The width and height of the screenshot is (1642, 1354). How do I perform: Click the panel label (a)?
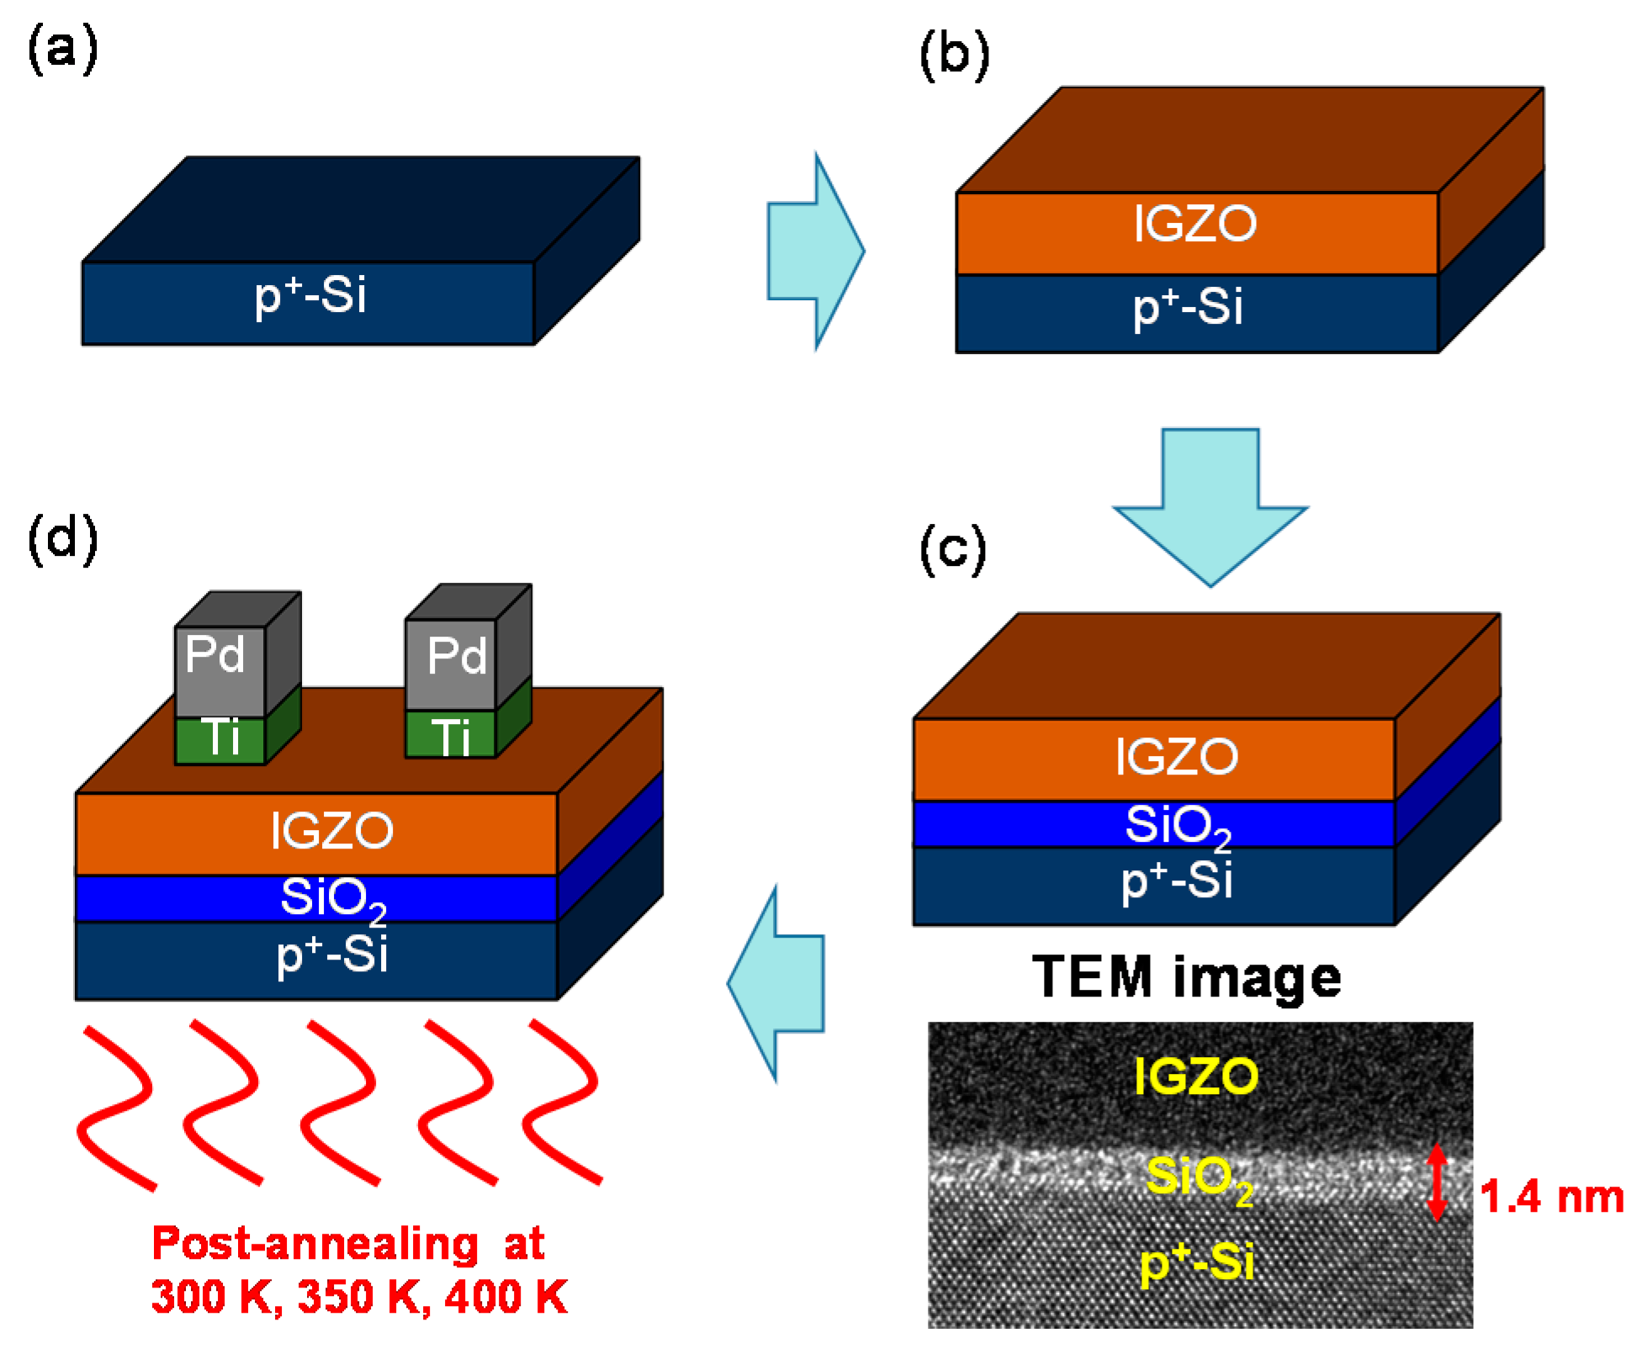point(62,49)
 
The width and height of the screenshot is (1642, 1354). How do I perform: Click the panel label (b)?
point(954,56)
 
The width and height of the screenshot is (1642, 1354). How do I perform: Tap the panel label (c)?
point(952,549)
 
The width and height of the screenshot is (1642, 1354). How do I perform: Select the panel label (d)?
point(62,539)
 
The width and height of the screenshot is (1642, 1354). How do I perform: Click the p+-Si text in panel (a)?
point(310,296)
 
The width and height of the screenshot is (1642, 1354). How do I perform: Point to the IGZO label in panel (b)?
point(1194,225)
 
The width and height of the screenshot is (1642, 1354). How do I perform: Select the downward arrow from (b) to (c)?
point(1210,505)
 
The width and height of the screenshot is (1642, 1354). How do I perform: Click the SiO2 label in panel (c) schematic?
point(1177,825)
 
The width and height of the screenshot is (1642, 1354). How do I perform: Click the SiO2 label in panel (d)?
point(332,898)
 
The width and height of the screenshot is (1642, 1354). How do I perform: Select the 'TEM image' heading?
point(1186,977)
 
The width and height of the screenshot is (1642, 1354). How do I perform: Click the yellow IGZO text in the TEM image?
point(1195,1076)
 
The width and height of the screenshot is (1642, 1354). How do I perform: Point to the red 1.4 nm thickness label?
point(1550,1196)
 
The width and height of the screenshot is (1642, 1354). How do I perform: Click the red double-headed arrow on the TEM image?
point(1437,1182)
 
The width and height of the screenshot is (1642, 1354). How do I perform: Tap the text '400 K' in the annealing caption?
point(506,1296)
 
